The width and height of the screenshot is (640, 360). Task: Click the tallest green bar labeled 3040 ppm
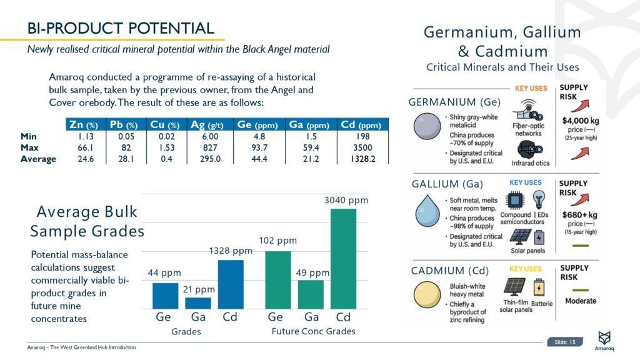click(x=343, y=258)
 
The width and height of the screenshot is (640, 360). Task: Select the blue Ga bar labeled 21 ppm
click(x=198, y=302)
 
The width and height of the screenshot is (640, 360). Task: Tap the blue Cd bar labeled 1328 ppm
click(x=231, y=284)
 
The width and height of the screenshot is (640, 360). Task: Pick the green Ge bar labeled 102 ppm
click(x=278, y=279)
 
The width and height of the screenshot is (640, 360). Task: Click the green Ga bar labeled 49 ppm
click(x=311, y=294)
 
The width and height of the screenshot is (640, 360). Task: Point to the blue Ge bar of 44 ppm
click(x=165, y=296)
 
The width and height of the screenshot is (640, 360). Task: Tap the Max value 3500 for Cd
click(x=362, y=147)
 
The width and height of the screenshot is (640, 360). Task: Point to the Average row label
click(x=38, y=159)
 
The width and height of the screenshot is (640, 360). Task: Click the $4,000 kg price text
click(x=580, y=121)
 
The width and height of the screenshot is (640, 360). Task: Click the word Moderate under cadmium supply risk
click(x=581, y=301)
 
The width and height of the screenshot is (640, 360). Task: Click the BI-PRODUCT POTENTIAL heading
click(x=121, y=28)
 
